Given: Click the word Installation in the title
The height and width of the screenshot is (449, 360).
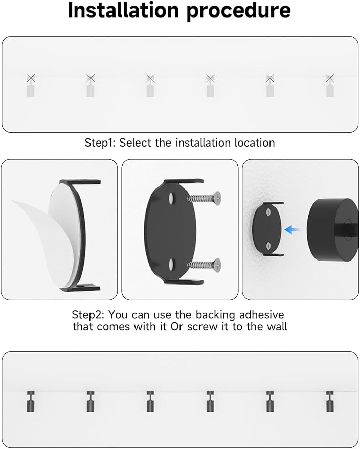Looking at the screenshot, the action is pos(124,10).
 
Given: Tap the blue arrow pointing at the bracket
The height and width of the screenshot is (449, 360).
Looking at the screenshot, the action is pos(292,229).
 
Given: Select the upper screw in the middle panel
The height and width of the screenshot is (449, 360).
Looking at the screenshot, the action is pos(204,198).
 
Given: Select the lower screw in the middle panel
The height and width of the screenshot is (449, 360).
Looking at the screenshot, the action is pos(204,264).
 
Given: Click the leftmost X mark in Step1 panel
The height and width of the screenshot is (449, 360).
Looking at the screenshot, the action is pos(31,78).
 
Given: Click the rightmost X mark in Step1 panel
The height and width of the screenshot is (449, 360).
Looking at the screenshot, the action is pos(330,78).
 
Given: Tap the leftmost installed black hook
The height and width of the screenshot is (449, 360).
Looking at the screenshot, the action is pos(31,401).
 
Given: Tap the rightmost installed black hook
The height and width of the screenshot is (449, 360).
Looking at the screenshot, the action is pos(330,401).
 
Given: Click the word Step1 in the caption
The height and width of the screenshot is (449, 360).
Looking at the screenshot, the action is pos(100,143).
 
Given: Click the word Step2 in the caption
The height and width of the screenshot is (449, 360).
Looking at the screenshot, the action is pos(88,315).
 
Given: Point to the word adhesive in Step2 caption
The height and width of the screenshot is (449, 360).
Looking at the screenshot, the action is pos(261,315).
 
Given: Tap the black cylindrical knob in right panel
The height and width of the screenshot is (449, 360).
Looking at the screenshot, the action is pos(332,230).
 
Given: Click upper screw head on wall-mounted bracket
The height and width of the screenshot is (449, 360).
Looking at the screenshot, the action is pos(268,212).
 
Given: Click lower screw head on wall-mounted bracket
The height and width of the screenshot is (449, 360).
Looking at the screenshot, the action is pos(268,245).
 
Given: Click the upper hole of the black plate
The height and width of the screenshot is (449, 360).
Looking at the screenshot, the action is pos(172,198).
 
